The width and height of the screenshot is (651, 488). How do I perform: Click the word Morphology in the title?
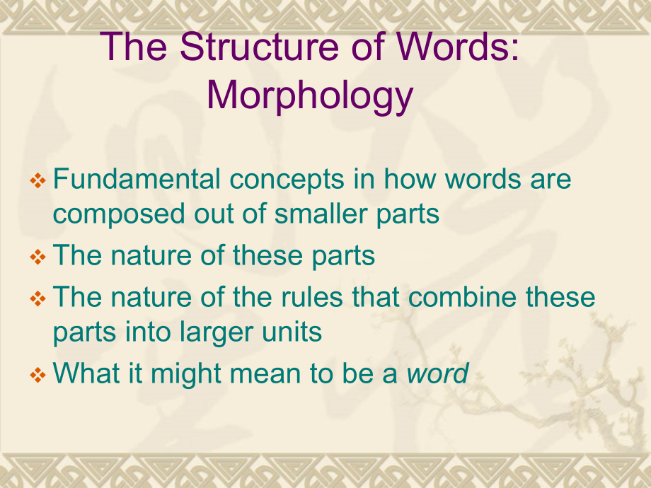[x=310, y=96]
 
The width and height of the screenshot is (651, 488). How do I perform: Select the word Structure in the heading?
[x=260, y=47]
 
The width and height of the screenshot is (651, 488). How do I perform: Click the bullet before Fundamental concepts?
[x=38, y=180]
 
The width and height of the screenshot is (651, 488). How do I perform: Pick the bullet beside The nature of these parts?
[x=38, y=257]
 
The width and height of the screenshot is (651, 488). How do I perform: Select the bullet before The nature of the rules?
[x=38, y=298]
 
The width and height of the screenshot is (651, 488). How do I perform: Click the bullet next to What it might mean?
[x=38, y=375]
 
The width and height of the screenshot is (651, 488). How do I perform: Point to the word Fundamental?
[x=137, y=178]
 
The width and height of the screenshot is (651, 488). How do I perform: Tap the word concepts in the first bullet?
[x=287, y=181]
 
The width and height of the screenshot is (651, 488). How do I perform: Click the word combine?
[x=461, y=297]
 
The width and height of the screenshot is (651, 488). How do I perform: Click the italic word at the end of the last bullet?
[x=437, y=373]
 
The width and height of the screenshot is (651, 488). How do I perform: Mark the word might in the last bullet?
[x=185, y=375]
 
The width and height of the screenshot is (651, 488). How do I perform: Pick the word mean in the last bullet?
[x=265, y=374]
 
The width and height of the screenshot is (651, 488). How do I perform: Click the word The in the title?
[x=134, y=47]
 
